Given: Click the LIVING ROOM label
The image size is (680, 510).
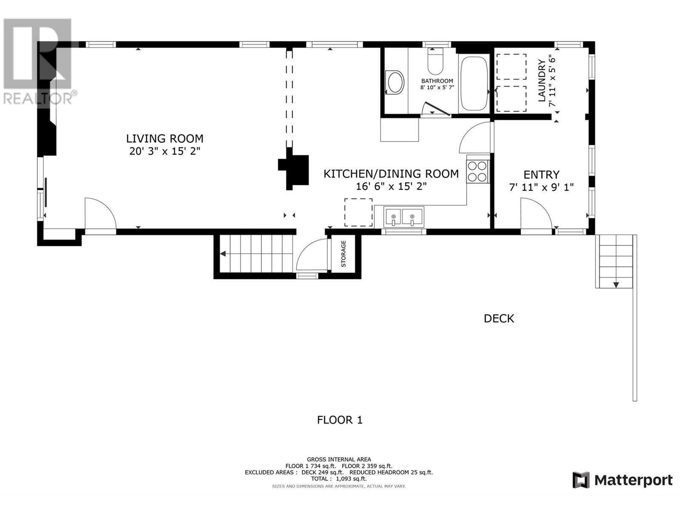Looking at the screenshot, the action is [x=164, y=139].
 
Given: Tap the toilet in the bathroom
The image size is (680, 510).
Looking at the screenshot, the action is [x=435, y=61].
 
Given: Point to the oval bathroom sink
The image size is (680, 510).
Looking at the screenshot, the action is [x=395, y=82].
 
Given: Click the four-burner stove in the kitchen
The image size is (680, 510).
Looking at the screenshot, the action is [x=477, y=171].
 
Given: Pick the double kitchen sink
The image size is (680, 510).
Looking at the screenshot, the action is [x=403, y=217].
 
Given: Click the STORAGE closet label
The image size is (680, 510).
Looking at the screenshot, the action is [x=343, y=254].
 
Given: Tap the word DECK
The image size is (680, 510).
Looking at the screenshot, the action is [x=499, y=319].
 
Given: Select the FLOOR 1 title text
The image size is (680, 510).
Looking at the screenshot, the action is [x=340, y=420].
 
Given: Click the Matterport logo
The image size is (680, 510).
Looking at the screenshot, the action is [x=622, y=481].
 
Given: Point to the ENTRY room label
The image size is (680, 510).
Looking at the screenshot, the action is [x=541, y=175].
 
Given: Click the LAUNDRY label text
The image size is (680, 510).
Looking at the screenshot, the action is [x=542, y=80].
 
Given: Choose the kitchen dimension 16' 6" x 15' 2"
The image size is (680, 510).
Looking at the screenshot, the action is [x=391, y=187].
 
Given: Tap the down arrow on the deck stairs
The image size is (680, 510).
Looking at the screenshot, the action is [x=616, y=285].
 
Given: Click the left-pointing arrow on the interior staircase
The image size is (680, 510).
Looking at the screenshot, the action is [x=223, y=254].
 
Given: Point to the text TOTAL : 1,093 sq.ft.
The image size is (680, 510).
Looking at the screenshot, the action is [x=339, y=479].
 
